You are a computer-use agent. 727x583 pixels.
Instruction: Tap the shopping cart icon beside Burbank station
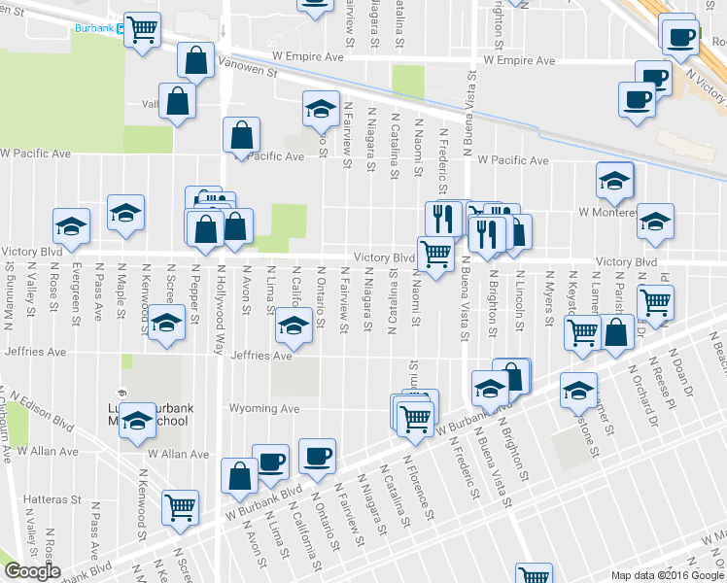pos(143,30)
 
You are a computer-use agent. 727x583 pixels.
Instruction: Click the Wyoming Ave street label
pos(263,409)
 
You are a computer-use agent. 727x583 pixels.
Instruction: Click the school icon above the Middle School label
pos(138,420)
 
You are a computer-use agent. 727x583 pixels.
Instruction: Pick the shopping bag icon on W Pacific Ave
pos(241,136)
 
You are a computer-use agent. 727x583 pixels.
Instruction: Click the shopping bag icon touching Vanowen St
pos(195,61)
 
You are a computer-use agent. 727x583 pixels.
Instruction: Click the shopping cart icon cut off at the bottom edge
pos(534,575)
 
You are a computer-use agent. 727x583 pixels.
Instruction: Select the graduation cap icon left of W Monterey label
pos(613,180)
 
